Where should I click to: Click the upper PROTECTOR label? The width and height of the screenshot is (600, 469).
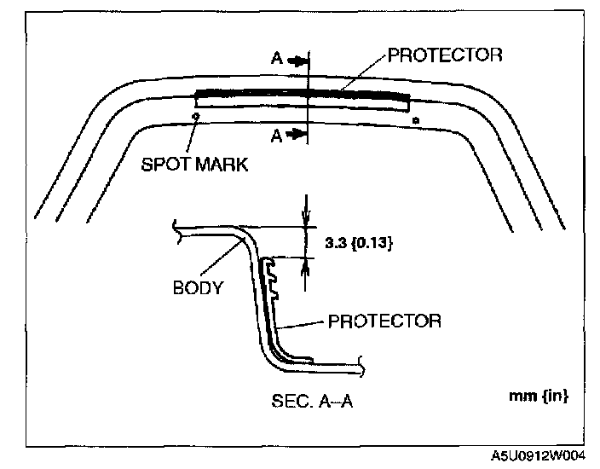coord(445,56)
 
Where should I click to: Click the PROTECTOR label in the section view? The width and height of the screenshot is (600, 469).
coord(384,321)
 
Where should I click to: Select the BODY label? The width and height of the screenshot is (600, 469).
coord(198,287)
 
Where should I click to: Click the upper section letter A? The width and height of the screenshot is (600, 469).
coord(278,61)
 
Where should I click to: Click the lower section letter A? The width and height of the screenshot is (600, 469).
coord(278,135)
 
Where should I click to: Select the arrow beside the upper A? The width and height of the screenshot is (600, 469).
coord(297,61)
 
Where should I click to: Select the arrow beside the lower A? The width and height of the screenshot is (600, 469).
coord(297,135)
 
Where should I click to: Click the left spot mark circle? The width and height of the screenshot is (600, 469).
coord(195,116)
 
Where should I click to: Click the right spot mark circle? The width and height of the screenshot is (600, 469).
coord(415,121)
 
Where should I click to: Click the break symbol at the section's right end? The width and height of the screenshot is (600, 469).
coord(366,368)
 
